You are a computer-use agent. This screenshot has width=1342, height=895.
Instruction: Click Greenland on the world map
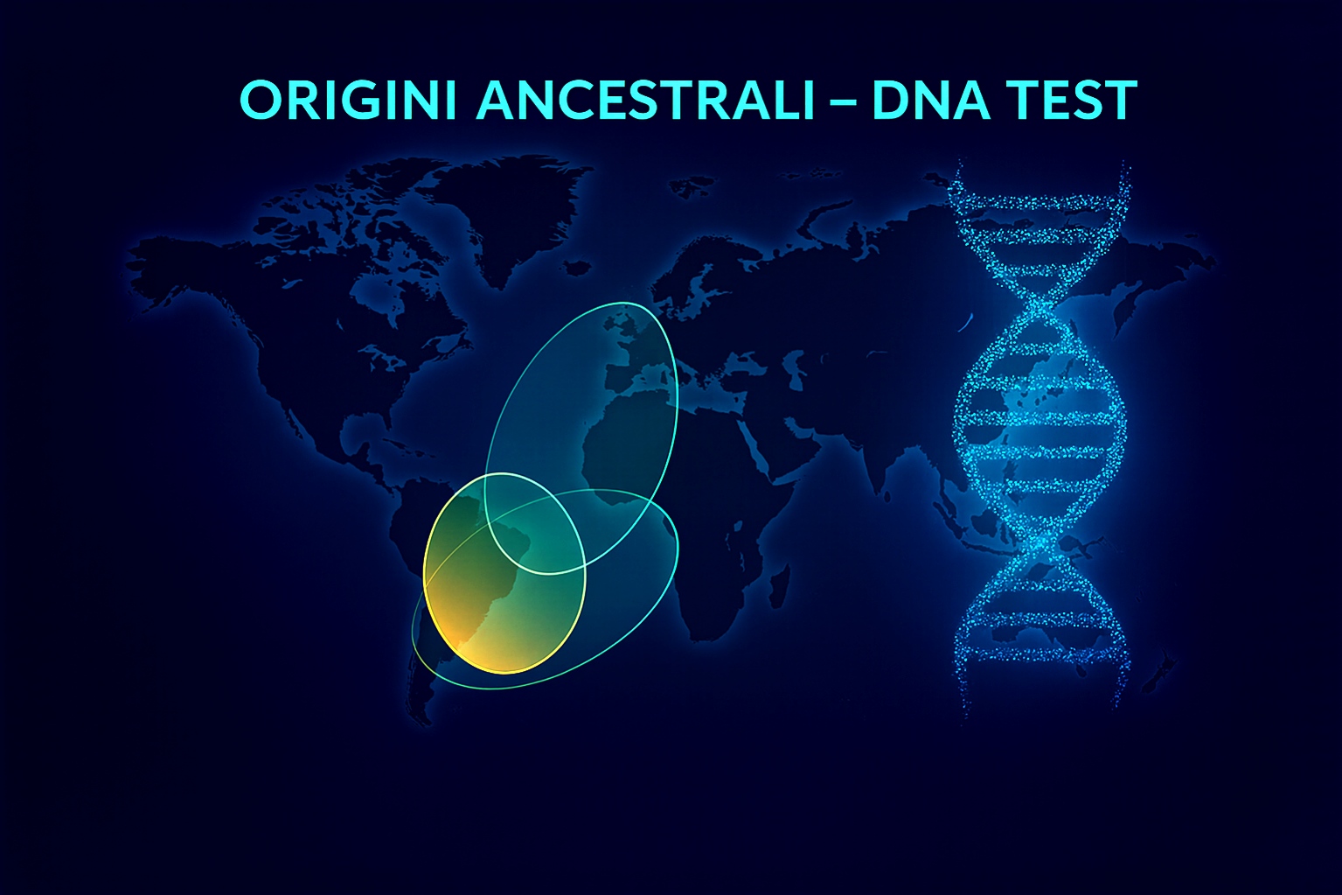(516, 210)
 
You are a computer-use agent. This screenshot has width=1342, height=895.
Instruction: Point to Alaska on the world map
(166, 254)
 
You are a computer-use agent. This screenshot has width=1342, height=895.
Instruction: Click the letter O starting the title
(258, 101)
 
